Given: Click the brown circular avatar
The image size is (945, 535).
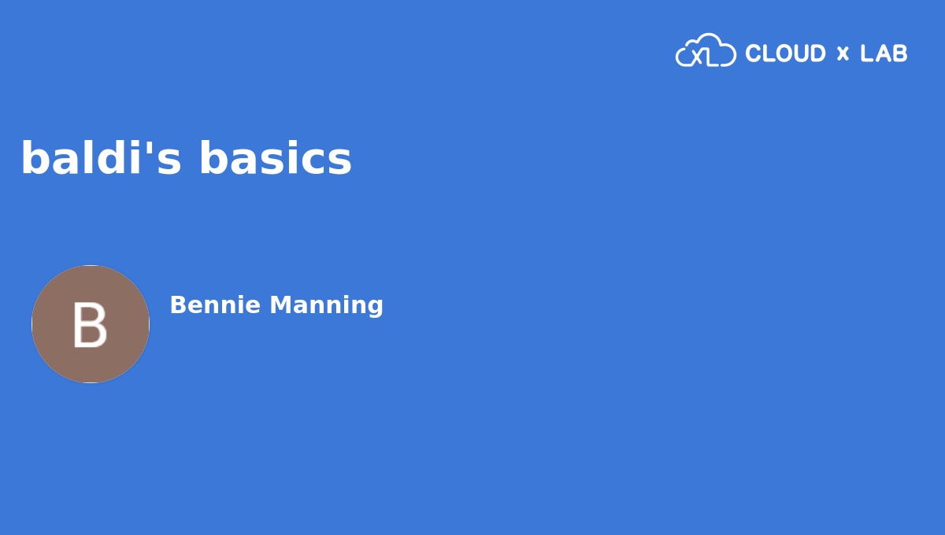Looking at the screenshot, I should point(91,324).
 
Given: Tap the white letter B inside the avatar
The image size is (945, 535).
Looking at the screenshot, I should point(90,326).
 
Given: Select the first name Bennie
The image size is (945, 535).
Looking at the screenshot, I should point(215,305).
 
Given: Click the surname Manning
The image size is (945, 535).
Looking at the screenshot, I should point(327,305).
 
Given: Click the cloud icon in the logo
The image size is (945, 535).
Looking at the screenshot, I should point(706,51).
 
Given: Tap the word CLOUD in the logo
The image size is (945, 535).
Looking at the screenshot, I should point(785,53).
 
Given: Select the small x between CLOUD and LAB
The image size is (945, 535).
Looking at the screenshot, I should point(843,54).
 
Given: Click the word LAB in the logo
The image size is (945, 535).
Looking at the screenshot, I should point(884,53).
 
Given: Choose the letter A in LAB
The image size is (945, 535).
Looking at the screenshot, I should point(884,53).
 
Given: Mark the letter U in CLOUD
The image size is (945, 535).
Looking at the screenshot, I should point(799,53).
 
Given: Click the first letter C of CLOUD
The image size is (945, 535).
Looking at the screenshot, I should point(753,53).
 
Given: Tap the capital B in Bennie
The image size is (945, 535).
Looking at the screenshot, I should point(177,305).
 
